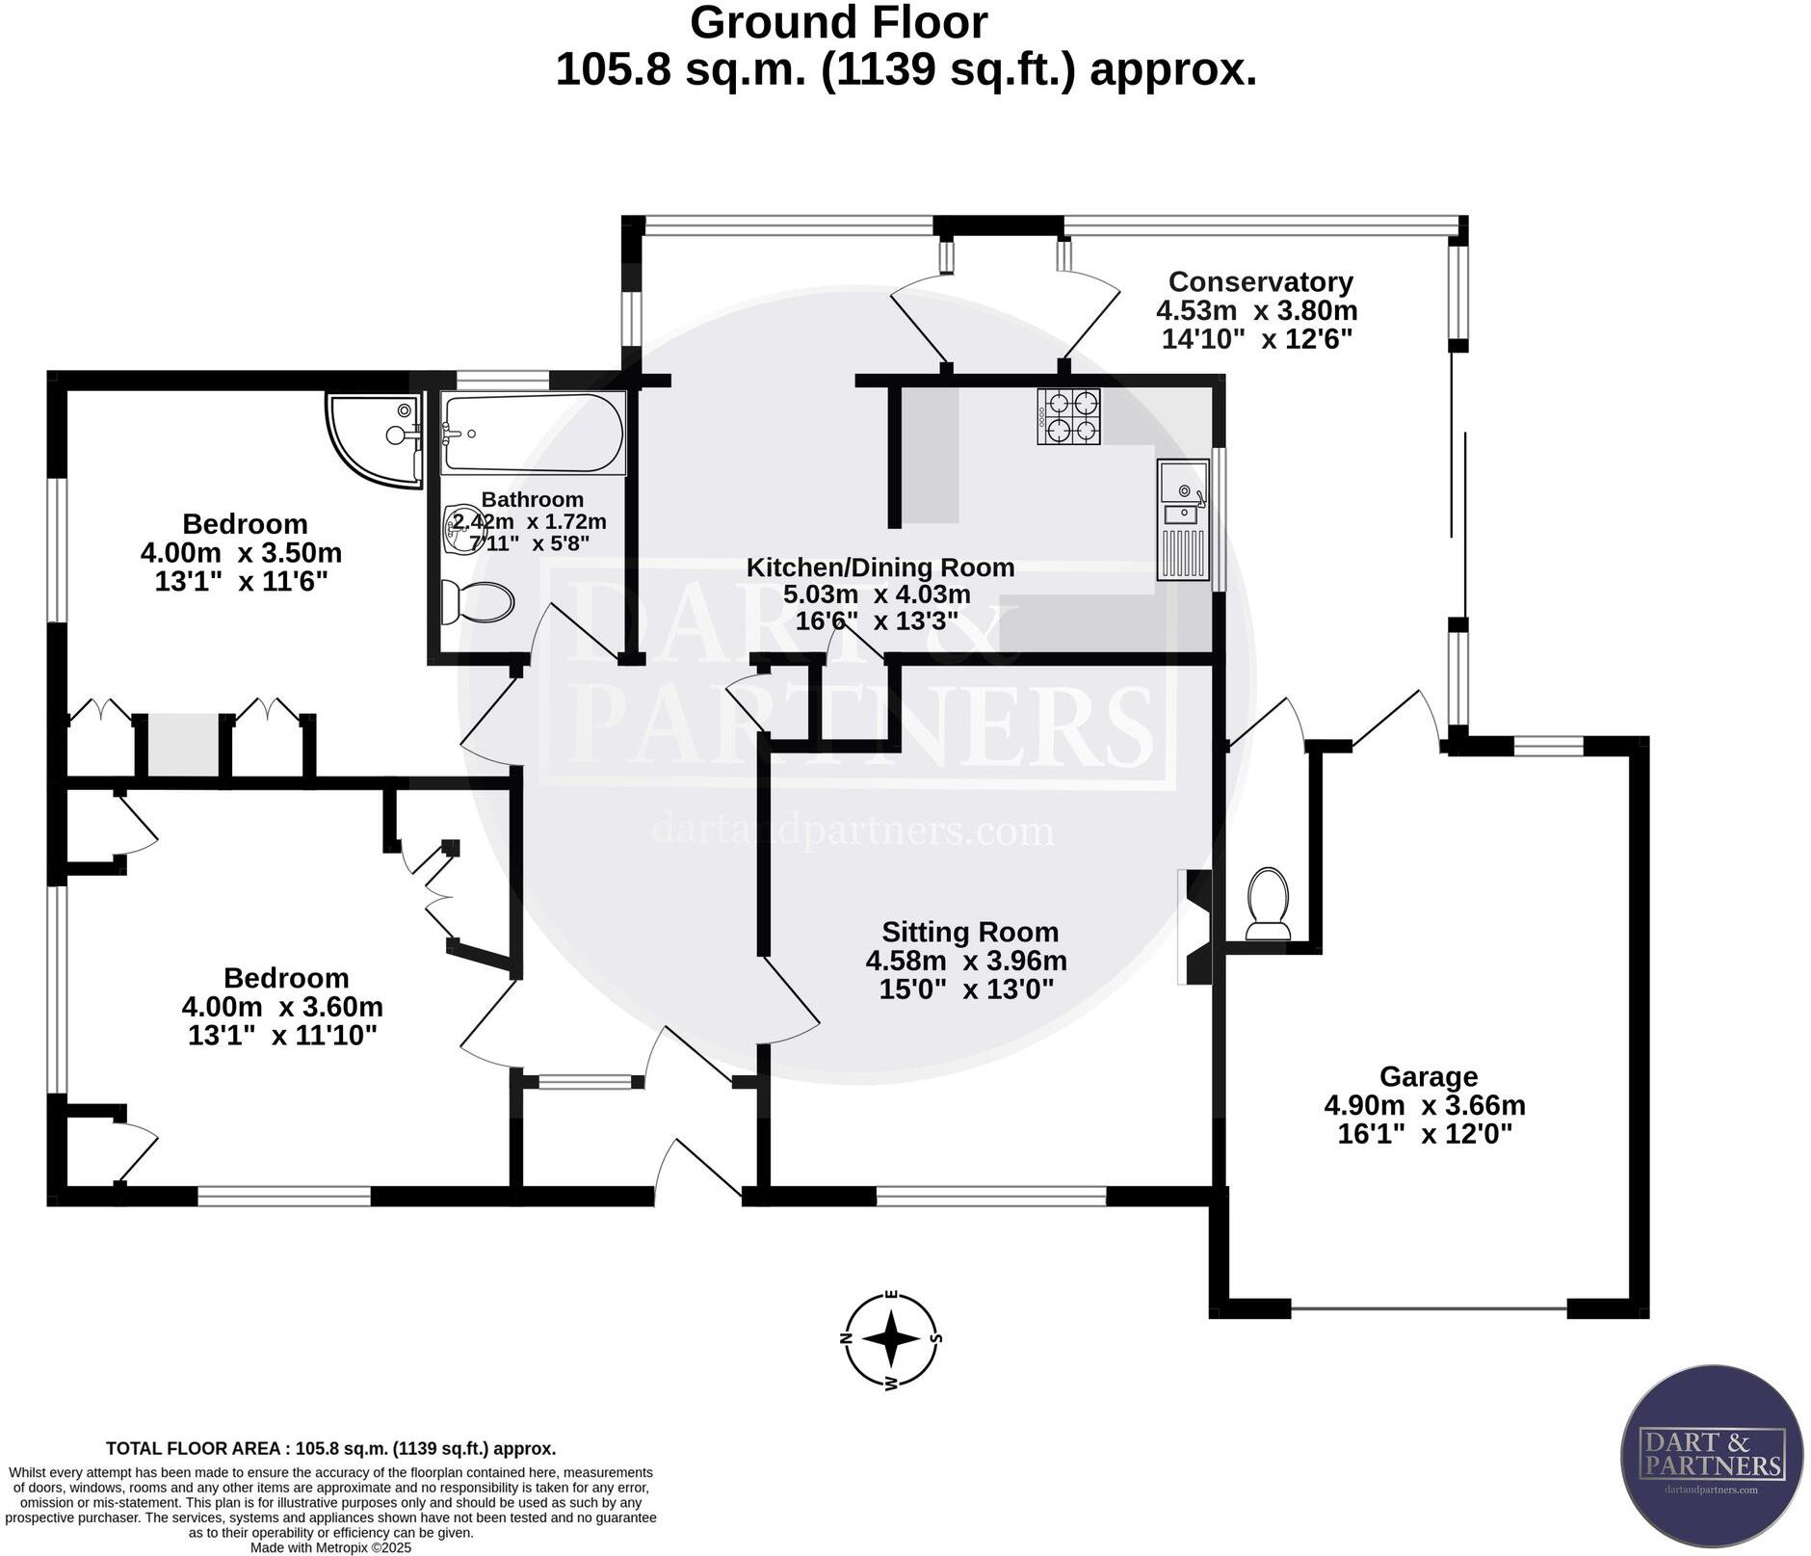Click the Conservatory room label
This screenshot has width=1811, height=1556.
(1260, 282)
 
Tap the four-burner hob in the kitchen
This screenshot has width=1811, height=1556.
(1068, 416)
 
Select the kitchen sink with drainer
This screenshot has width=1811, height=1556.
(1183, 519)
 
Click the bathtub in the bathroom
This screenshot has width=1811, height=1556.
(533, 433)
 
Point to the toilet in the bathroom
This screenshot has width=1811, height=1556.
(477, 603)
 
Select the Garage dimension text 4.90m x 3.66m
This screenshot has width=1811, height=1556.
(1425, 1105)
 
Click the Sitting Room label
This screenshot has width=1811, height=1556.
(970, 932)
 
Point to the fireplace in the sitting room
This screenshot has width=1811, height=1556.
(1194, 926)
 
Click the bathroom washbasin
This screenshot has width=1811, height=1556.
(460, 531)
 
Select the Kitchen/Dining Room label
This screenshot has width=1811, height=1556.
(880, 567)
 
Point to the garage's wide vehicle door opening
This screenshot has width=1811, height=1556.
(1429, 1308)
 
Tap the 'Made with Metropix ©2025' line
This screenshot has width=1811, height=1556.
(330, 1547)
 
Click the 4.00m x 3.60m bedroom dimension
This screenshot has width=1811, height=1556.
(282, 1007)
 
